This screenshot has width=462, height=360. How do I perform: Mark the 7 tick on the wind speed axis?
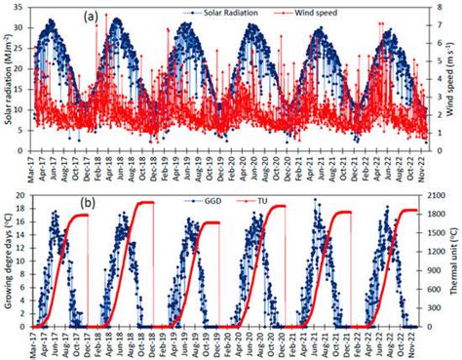[438, 8]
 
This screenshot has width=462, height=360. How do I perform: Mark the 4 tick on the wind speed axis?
[438, 70]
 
